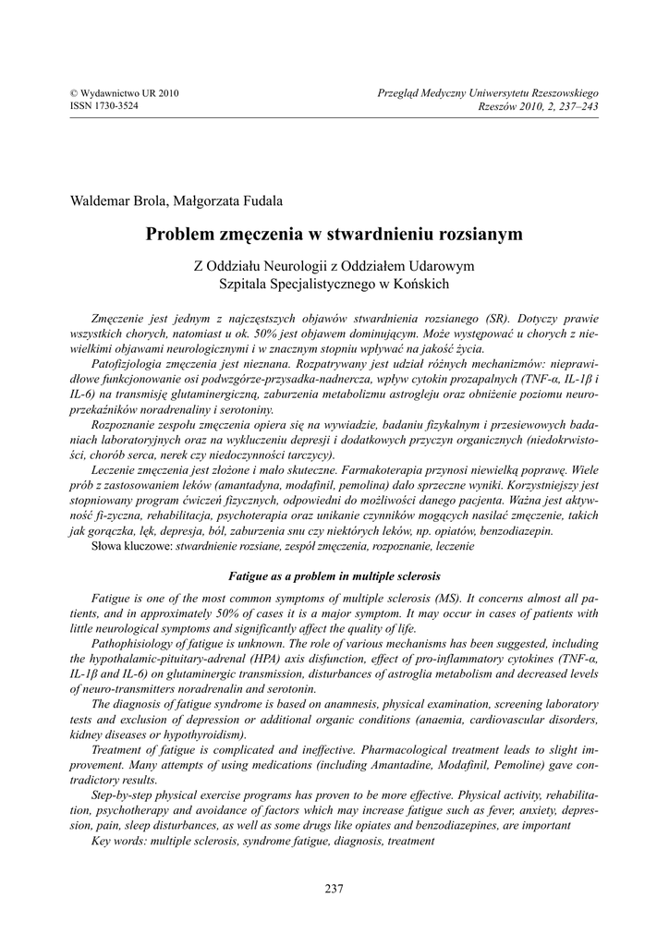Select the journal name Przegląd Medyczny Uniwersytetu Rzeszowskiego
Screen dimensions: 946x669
tap(489, 94)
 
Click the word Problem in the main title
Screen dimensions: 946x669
tap(179, 234)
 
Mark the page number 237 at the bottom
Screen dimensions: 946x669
tap(334, 889)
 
